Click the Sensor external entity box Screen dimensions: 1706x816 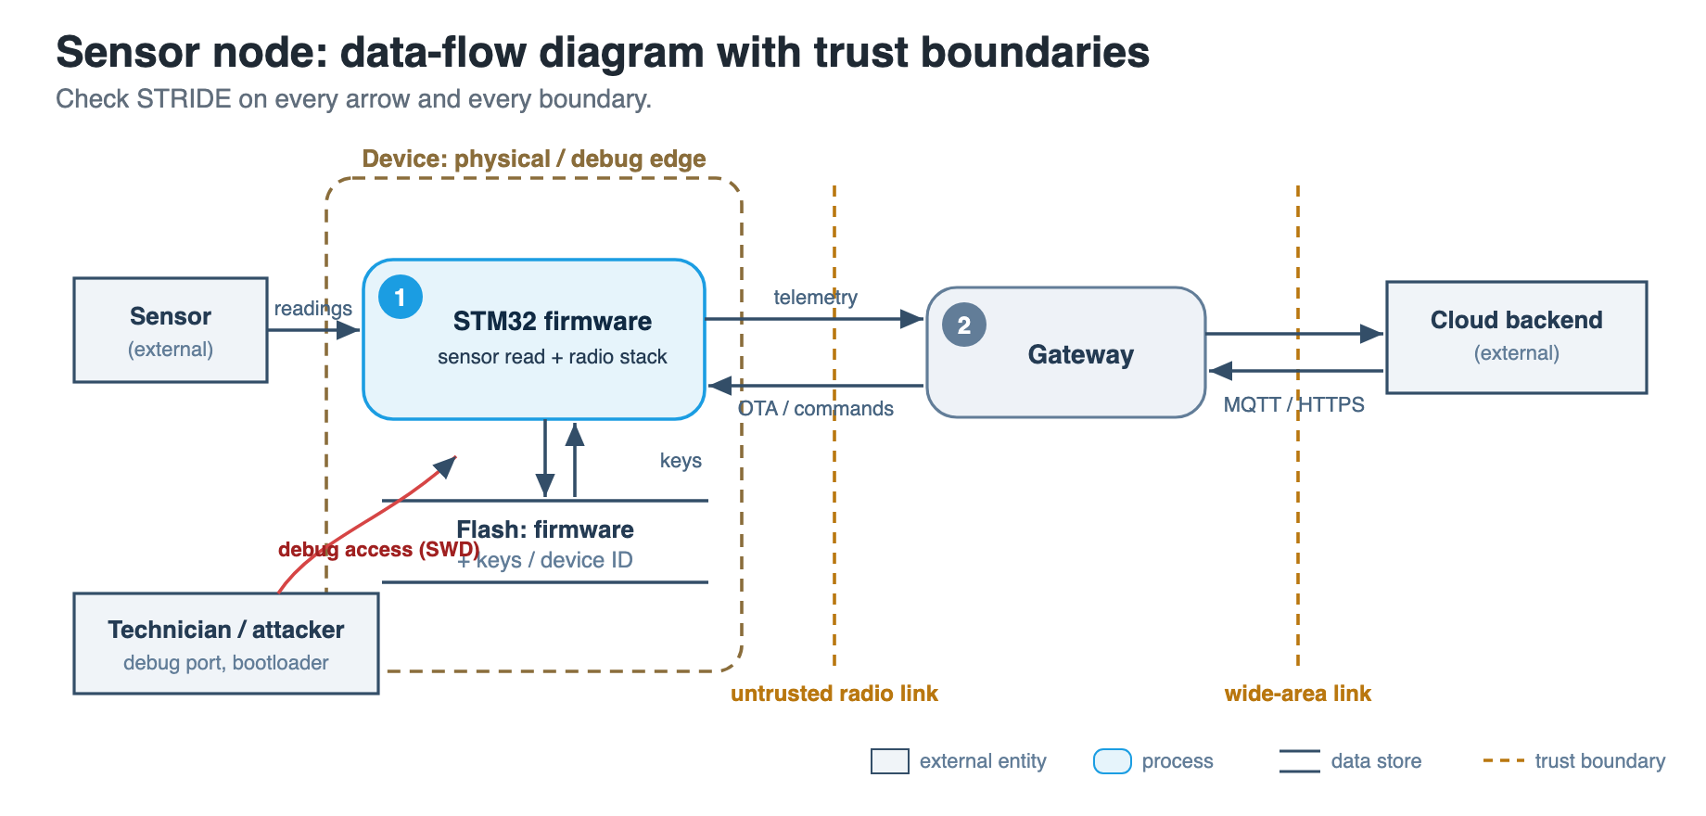171,330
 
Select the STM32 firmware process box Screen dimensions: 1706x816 534,339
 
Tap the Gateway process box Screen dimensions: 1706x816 1066,352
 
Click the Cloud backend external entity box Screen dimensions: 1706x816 1516,338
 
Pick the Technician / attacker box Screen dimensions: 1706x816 226,644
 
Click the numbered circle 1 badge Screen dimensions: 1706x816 401,297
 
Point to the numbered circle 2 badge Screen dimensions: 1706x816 964,325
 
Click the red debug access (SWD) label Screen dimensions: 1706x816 379,549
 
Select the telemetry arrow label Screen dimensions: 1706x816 816,297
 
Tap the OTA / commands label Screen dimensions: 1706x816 816,408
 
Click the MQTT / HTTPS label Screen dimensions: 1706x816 1294,404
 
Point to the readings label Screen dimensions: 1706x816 313,308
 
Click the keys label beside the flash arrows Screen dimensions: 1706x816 681,461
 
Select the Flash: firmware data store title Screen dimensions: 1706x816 545,529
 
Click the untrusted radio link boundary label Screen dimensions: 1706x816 834,694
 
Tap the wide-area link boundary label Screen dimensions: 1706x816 1298,694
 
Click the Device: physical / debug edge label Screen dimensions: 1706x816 534,159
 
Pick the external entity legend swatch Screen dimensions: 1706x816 890,761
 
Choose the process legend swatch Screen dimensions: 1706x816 1113,761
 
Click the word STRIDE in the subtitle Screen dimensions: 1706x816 184,99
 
